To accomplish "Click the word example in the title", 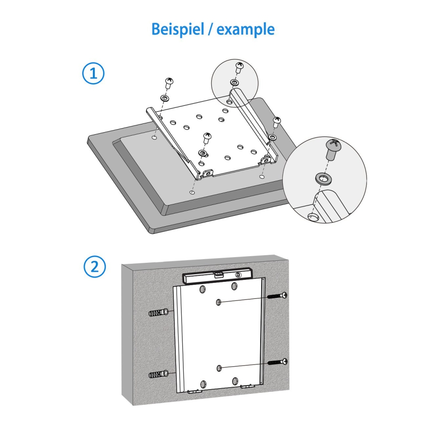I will click(246, 29).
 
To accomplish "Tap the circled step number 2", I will click(94, 267).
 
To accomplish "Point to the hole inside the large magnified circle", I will click(313, 216).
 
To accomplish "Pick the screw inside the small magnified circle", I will click(240, 67).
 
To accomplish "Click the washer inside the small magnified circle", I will click(234, 83).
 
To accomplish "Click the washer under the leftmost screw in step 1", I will click(165, 98).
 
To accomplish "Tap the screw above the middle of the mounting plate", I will click(207, 138).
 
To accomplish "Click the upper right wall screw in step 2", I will click(278, 296).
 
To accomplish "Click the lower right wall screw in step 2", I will click(278, 362).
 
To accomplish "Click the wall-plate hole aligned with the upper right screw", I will click(219, 302).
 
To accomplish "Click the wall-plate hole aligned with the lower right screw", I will click(219, 367).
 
